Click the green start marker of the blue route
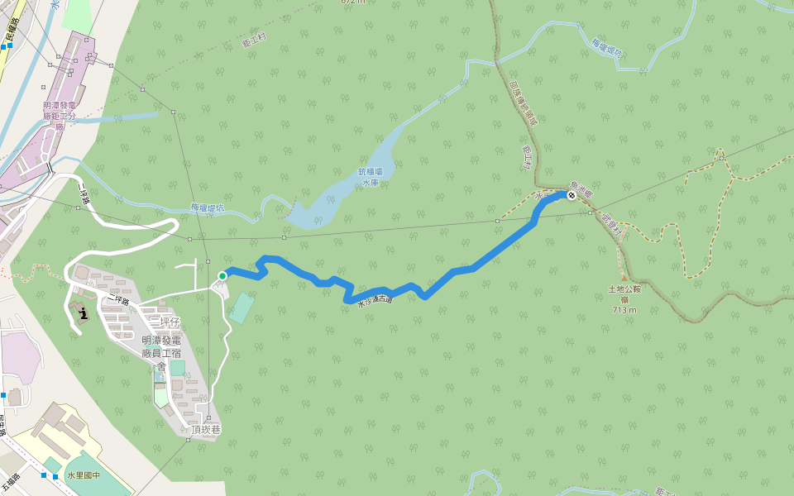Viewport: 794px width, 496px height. (x=222, y=275)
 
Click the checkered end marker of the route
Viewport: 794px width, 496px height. (x=571, y=195)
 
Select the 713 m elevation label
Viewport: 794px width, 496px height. (x=624, y=310)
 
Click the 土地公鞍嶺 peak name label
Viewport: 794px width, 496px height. (x=624, y=295)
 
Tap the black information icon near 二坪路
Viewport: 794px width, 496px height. (x=84, y=312)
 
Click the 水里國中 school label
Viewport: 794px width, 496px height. (x=83, y=475)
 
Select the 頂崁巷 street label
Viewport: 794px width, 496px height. (x=208, y=429)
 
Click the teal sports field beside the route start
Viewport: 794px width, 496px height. (x=242, y=308)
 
